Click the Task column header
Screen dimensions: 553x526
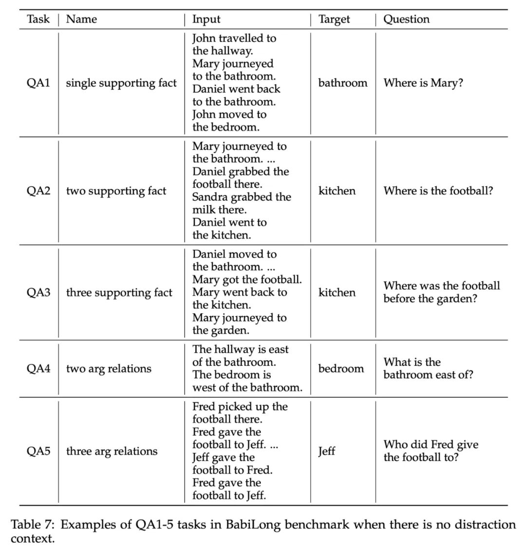tap(38, 19)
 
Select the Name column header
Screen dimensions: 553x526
tap(81, 19)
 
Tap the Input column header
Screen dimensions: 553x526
tap(206, 19)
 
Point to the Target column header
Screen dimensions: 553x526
tap(334, 19)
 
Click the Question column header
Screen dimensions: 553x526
tap(406, 19)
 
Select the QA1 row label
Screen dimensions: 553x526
tap(38, 83)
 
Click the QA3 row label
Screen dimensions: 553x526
tap(38, 293)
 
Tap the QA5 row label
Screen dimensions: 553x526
tap(38, 451)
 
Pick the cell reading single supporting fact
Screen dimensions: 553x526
tap(121, 83)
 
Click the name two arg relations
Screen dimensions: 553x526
tap(109, 369)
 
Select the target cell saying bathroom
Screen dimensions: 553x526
tap(343, 83)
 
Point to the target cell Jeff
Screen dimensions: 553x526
tap(327, 451)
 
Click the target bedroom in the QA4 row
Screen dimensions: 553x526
tap(341, 369)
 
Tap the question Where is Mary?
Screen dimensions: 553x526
tap(423, 83)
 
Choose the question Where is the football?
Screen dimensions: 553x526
tap(438, 191)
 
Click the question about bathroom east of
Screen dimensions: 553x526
tap(428, 369)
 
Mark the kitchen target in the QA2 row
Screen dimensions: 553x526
tap(337, 191)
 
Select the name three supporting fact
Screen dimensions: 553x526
tap(119, 293)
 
